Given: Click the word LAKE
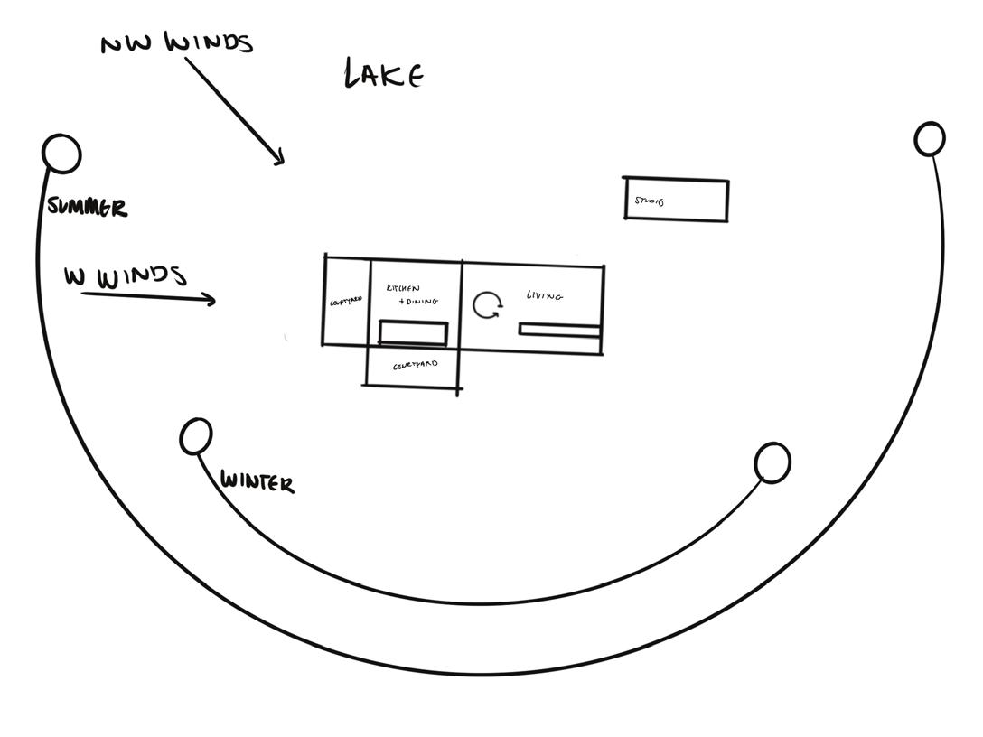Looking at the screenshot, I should [x=384, y=74].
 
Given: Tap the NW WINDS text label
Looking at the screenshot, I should [x=177, y=42].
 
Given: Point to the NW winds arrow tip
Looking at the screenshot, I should [x=282, y=163].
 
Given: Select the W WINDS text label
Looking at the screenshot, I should [x=125, y=276].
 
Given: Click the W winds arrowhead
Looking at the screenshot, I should [x=213, y=300].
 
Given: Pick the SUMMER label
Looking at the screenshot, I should [x=88, y=208].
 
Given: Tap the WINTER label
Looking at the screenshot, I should [x=257, y=482].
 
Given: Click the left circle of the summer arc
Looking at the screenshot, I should [x=61, y=154].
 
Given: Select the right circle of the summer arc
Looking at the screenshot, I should [x=930, y=139].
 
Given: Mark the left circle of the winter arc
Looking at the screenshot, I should [x=196, y=436].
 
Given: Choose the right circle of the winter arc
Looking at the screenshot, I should [x=772, y=462].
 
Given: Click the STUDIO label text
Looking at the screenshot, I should [x=649, y=201].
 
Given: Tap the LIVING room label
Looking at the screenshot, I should [x=545, y=295].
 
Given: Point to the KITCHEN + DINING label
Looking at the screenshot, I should [x=412, y=294].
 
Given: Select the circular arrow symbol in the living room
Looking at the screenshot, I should [x=488, y=305].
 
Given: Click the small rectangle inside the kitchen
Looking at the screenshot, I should [x=413, y=332].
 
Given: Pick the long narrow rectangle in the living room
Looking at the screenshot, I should [x=559, y=331].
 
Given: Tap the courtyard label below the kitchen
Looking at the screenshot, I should [x=415, y=366].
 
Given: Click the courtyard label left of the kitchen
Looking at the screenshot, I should [x=346, y=300].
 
